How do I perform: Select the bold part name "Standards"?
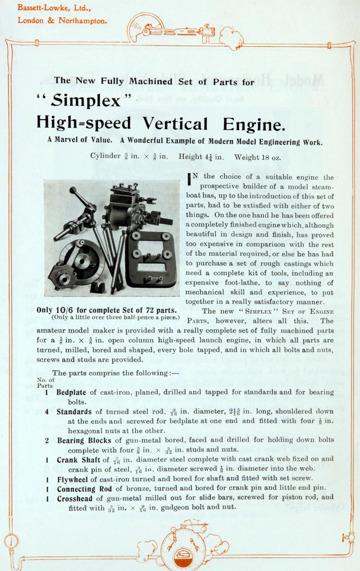(x=74, y=412)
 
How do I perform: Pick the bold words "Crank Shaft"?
(x=76, y=459)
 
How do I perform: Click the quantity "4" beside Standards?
(x=47, y=412)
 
